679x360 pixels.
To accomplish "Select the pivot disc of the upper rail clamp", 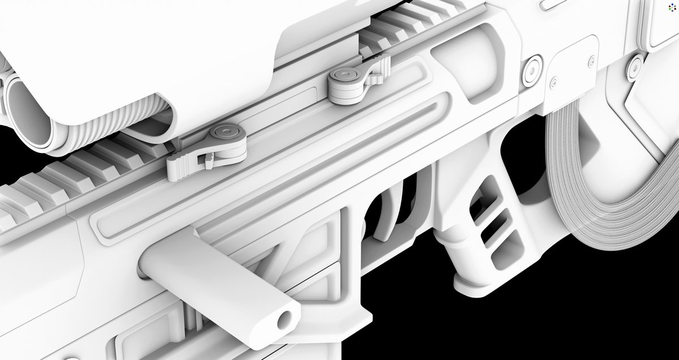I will point(345,76).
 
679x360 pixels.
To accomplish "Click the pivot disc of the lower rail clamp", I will point(225,133).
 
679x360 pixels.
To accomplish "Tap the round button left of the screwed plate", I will point(532,71).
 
